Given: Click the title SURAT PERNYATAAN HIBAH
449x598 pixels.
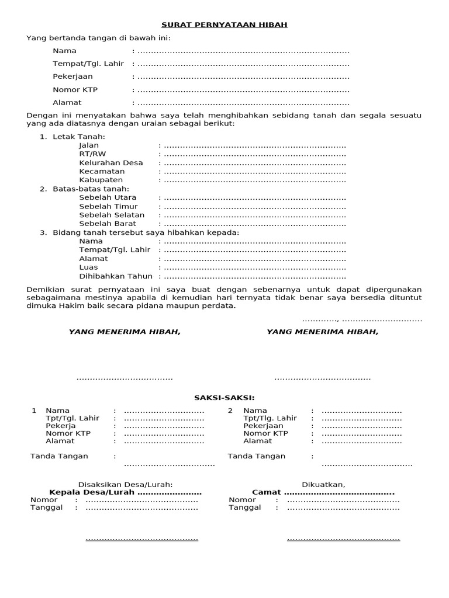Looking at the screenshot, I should point(224,25).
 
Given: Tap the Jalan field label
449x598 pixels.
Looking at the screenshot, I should point(89,145).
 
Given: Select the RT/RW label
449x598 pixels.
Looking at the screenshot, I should point(92,154).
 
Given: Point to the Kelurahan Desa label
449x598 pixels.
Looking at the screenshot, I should point(111,163).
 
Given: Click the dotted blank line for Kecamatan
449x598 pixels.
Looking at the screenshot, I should point(255,172).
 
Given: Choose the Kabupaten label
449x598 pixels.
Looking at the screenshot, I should point(101,180).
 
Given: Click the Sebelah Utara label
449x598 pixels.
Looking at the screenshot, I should point(108,197).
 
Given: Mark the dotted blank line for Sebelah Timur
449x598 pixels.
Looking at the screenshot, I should point(255,206).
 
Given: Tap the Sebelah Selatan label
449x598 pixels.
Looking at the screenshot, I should point(112,215).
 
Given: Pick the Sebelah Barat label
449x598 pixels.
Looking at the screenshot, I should point(108,224).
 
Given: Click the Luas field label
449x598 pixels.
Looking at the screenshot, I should point(88,267).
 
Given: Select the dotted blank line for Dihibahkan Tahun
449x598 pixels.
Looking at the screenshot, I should point(255,276).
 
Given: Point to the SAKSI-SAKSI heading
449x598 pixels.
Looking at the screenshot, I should point(224,398).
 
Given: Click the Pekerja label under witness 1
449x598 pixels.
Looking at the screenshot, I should point(61,426).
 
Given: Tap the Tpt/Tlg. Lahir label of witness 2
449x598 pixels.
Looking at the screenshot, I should point(270,418).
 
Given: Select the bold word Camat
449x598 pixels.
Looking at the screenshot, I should point(267,492).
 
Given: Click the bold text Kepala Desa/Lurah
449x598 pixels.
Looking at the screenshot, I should point(92,492).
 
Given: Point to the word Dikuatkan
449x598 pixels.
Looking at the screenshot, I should point(323,484).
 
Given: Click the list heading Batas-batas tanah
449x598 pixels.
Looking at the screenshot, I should point(91,189).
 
